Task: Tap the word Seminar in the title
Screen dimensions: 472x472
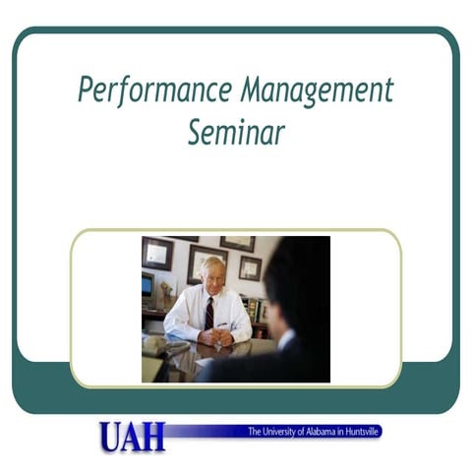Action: tap(236, 131)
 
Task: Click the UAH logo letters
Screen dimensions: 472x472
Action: tap(131, 436)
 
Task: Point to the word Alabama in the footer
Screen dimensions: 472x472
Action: tap(324, 431)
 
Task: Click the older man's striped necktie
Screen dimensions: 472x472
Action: tap(208, 313)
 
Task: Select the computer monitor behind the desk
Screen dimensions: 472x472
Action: tap(147, 284)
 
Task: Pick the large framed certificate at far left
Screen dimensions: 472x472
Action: tap(156, 253)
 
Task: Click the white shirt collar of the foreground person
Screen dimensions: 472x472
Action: tap(285, 339)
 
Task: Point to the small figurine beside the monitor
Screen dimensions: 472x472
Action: tap(164, 294)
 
